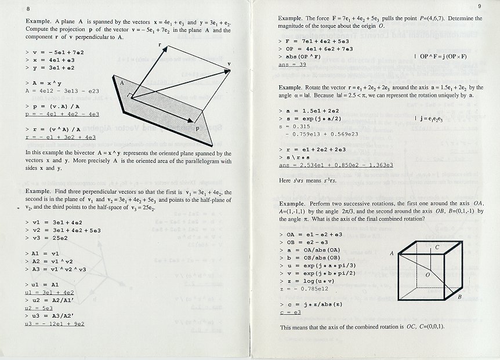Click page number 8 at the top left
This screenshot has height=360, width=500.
click(x=28, y=8)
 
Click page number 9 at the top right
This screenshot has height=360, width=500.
click(x=480, y=6)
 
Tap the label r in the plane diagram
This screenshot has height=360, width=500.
click(x=160, y=45)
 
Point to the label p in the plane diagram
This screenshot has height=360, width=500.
click(x=197, y=129)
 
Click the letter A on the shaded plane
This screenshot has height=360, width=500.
click(x=122, y=83)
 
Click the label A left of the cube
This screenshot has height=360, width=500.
click(x=392, y=253)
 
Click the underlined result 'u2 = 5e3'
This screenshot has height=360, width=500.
click(x=39, y=308)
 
